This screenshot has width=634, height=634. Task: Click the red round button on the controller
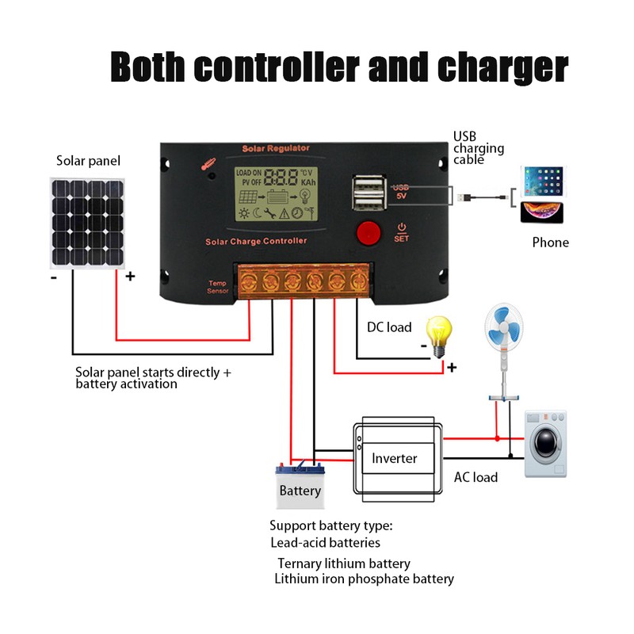(x=367, y=232)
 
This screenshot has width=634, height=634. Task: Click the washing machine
(x=546, y=444)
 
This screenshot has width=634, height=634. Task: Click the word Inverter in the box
(x=394, y=458)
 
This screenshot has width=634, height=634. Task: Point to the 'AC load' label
(x=475, y=477)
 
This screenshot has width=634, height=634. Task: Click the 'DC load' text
(x=389, y=327)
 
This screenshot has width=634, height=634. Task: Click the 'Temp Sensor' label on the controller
(x=217, y=287)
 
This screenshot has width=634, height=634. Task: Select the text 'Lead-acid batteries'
(x=325, y=543)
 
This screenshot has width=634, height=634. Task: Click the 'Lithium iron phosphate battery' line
(x=364, y=579)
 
